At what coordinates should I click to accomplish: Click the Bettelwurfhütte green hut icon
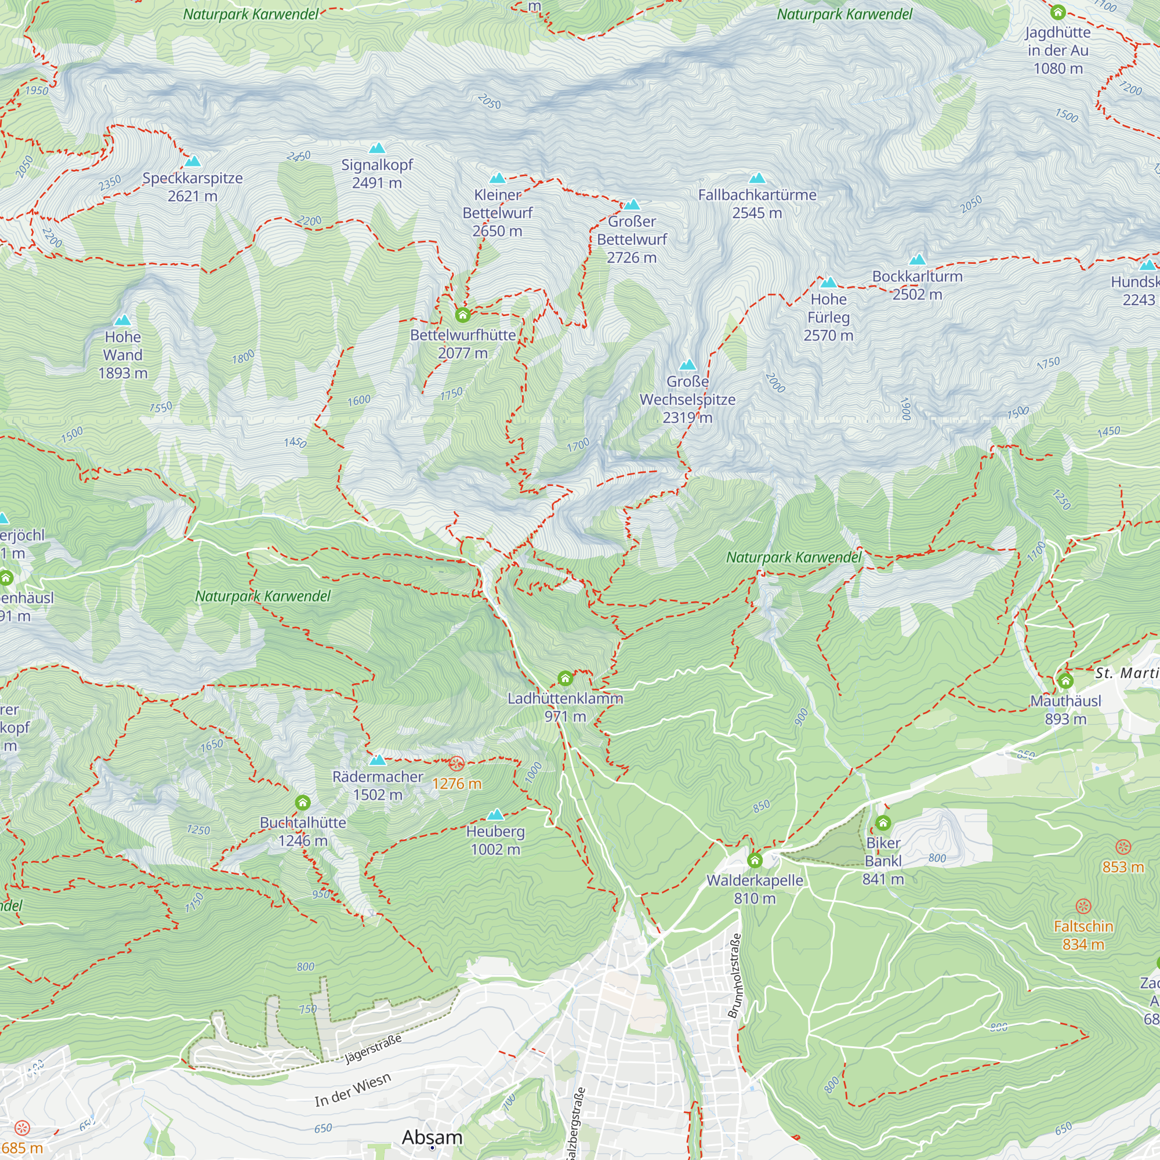coord(462,314)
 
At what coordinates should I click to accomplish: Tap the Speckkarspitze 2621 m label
coord(192,187)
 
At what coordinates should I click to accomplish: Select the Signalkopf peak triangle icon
coord(377,148)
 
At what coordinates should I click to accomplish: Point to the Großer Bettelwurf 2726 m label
coord(632,239)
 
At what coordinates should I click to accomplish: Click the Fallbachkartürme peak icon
coord(757,177)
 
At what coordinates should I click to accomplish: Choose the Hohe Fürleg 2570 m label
coord(829,317)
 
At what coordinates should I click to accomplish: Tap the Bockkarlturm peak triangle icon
coord(918,259)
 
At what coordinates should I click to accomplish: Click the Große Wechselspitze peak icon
coord(687,364)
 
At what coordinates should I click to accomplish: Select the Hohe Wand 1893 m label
coord(123,355)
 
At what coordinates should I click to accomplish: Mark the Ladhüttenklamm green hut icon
coord(565,679)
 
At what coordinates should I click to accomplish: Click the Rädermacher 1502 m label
coord(378,785)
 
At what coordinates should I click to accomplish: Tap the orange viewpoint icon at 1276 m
coord(457,764)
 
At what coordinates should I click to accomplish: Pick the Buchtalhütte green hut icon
coord(303,803)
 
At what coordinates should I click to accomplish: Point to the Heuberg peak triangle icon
coord(495,814)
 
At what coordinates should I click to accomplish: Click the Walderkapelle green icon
coord(755,860)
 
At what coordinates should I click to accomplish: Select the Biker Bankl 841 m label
coord(883,861)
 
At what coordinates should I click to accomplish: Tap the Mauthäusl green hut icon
coord(1065,680)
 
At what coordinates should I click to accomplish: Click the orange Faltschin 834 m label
coord(1083,935)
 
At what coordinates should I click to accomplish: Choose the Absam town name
coord(432,1137)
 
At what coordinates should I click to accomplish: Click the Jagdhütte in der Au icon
coord(1058,12)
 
